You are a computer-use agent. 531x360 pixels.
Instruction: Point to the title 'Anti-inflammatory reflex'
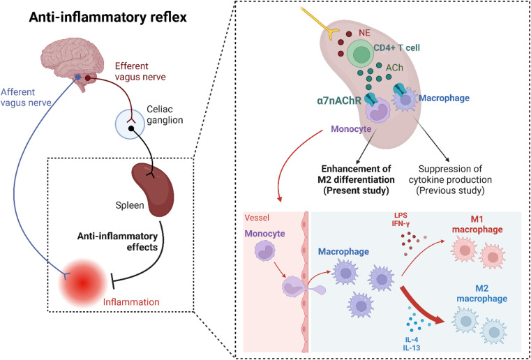[107, 17]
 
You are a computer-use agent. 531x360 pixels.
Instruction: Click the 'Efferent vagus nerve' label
[140, 71]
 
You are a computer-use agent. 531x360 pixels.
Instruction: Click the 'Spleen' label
[134, 205]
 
